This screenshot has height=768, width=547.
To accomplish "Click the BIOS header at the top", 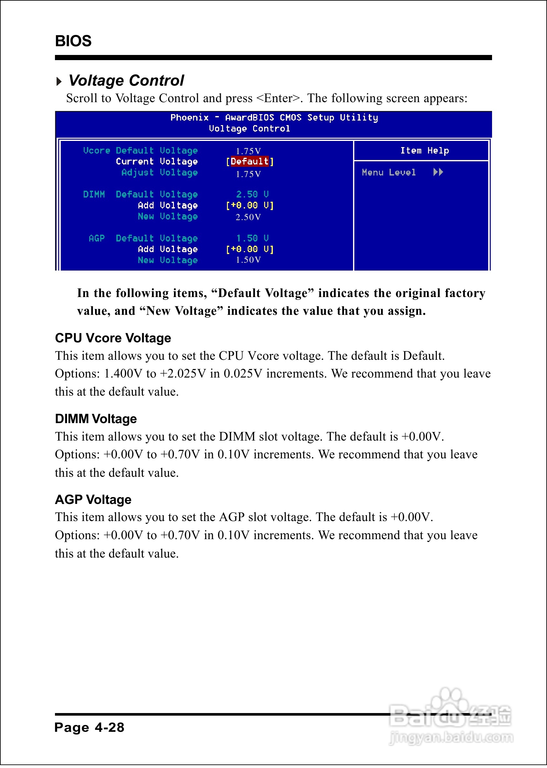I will pos(73,41).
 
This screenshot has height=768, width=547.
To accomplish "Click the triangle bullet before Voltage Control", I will pos(59,81).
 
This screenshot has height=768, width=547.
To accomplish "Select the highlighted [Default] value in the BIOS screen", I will pos(250,162).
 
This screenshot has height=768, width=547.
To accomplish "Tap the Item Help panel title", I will pos(424,151).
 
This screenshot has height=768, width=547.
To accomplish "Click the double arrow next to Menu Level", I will pos(438,172).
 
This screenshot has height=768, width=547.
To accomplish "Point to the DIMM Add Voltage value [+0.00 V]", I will pos(250,205).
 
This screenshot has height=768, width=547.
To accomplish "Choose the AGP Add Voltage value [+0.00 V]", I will pos(250,250).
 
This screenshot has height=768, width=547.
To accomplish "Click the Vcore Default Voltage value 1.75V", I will pos(248,151).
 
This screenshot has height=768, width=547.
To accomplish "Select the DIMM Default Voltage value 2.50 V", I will pos(252,195).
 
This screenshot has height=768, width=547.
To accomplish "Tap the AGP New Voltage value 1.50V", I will pos(248,260).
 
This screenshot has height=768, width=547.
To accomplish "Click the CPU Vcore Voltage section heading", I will pos(113,338).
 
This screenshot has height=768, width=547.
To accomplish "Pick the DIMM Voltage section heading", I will pos(96,419).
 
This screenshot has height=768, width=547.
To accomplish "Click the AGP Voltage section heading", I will pos(93,500).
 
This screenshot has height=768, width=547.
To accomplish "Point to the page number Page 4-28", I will pos(89,728).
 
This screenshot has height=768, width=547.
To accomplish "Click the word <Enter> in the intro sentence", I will pos(278,98).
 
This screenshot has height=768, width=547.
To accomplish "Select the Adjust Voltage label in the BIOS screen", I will pos(159,173).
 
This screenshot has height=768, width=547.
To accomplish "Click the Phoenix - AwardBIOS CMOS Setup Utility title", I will pos(274,118).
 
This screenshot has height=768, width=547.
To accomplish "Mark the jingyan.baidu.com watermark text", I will pos(451,738).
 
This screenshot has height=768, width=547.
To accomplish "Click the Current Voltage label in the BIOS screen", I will pos(156,162).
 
